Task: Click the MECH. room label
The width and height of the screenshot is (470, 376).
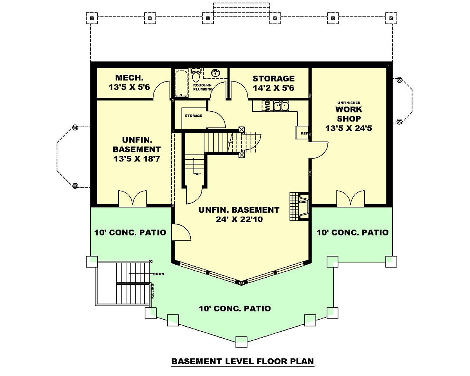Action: pyautogui.click(x=129, y=78)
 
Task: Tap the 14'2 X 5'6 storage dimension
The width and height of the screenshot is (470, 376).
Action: pyautogui.click(x=273, y=88)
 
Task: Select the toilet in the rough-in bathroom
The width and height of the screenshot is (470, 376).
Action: pyautogui.click(x=195, y=75)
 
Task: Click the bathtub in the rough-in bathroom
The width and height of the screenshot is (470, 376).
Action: pyautogui.click(x=182, y=83)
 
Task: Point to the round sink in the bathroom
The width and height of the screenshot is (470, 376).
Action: pyautogui.click(x=215, y=72)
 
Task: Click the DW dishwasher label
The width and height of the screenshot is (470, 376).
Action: pyautogui.click(x=267, y=106)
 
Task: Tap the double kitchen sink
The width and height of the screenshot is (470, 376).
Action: pyautogui.click(x=281, y=106)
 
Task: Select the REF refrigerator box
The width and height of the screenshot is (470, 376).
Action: pyautogui.click(x=302, y=132)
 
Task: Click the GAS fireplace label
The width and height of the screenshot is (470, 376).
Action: pyautogui.click(x=303, y=202)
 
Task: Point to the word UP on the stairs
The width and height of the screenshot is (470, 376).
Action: pyautogui.click(x=198, y=174)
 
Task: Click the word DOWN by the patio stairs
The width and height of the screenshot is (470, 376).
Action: pyautogui.click(x=159, y=274)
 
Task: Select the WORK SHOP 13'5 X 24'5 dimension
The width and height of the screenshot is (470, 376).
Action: pyautogui.click(x=349, y=128)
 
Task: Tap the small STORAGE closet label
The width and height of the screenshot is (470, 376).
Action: pyautogui.click(x=193, y=116)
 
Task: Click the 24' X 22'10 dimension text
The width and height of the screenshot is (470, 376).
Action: pyautogui.click(x=239, y=219)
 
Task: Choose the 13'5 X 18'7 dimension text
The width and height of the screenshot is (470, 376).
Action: pyautogui.click(x=137, y=159)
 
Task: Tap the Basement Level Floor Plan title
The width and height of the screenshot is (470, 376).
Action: pyautogui.click(x=243, y=361)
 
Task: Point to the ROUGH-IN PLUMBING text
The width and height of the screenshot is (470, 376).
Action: pyautogui.click(x=202, y=87)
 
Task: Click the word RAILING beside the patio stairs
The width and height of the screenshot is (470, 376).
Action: pyautogui.click(x=153, y=291)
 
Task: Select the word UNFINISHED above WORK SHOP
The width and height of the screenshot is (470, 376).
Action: pyautogui.click(x=349, y=103)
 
